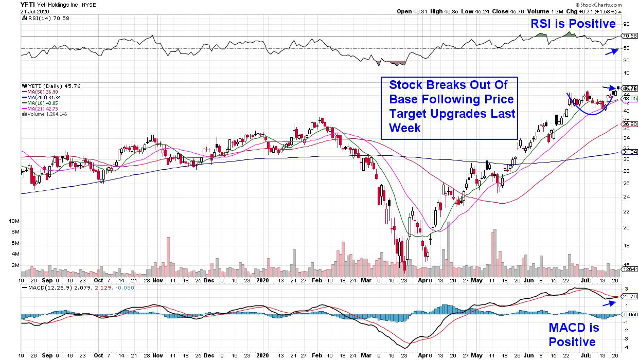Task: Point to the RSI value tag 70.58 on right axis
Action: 629,36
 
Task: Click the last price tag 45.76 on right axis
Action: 629,88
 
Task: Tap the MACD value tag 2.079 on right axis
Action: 629,297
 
